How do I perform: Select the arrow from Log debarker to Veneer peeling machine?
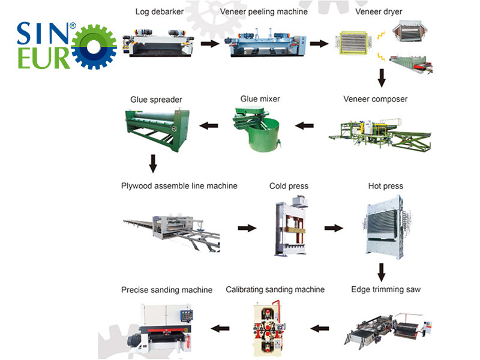[209, 43]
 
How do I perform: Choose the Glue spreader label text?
[156, 99]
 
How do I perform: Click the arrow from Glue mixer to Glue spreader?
[208, 125]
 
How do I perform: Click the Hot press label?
[385, 186]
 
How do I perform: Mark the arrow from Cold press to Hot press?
[333, 228]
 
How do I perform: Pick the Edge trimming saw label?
[386, 289]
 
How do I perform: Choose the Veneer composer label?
[374, 99]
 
